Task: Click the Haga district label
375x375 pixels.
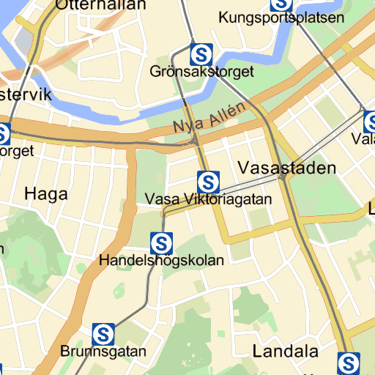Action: point(46,194)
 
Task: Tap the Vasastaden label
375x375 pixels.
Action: point(287,168)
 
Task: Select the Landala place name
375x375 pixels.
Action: point(285,351)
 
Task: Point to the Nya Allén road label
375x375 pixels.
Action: point(208,118)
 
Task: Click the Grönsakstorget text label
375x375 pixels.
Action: point(201,72)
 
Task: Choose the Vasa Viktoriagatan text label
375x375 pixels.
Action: point(209,199)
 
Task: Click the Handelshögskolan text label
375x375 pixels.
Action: point(162,260)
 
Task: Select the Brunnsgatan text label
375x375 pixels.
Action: point(103,352)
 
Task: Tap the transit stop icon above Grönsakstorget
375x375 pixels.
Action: point(201,53)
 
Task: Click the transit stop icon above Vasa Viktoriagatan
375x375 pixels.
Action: point(209,181)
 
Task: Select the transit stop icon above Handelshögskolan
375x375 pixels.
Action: point(161,242)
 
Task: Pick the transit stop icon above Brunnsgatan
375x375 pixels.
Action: point(103,334)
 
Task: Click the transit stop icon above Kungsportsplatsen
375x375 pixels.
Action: point(281,4)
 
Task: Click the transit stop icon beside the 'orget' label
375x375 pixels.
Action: point(3,134)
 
